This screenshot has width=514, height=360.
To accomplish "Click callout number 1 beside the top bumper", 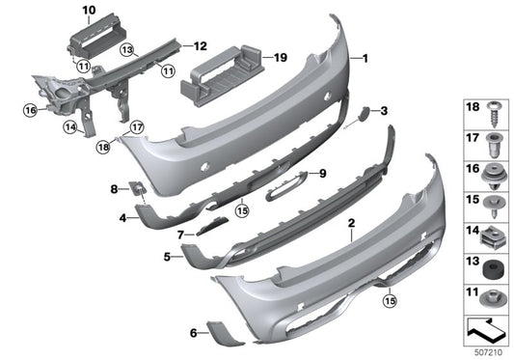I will (x=365, y=59).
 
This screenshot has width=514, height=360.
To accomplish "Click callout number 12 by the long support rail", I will (x=201, y=45).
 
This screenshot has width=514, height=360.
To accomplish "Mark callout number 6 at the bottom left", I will (x=194, y=333).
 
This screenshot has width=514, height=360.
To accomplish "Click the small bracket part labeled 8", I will (x=138, y=188).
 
